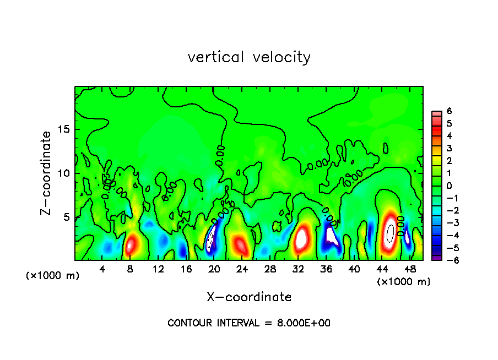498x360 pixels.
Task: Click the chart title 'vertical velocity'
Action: (249, 57)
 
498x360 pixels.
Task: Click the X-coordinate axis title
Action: (249, 297)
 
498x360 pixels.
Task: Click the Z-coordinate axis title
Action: (46, 173)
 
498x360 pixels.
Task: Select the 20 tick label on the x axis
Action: (214, 269)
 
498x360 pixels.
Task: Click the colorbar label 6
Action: (449, 111)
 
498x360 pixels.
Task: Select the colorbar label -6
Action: (447, 260)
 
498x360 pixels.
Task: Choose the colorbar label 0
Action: (449, 186)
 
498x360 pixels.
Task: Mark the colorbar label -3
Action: (447, 222)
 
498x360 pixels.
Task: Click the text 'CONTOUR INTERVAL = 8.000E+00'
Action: (249, 323)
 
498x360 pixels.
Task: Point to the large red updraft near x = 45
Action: (390, 234)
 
